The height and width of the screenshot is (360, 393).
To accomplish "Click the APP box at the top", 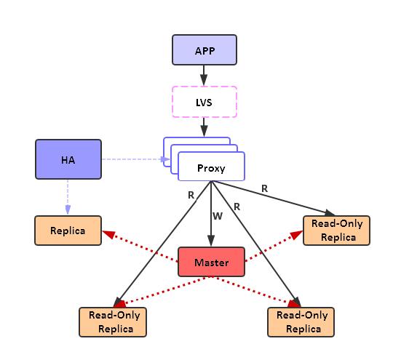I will coord(204,50).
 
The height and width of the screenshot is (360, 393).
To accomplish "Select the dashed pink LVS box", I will coord(204,101).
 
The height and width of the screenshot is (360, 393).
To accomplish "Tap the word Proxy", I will coord(211,168).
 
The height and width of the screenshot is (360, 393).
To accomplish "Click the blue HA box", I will coord(68,159).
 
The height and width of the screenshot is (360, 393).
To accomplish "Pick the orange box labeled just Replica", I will coord(68,231).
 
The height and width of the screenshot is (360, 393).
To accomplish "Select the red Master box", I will coord(211,262).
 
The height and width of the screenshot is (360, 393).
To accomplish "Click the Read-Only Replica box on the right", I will coord(337,231).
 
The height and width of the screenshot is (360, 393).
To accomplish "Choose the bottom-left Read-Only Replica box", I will coord(113,321).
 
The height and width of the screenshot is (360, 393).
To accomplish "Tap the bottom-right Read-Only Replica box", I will coord(302,321).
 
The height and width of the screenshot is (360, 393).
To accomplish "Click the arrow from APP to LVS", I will coord(204,76).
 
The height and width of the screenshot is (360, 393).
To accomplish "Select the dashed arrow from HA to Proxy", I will coord(131,159).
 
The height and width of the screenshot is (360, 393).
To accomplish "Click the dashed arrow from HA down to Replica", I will coord(68,196).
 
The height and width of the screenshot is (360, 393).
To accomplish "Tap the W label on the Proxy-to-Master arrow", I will coord(217,215).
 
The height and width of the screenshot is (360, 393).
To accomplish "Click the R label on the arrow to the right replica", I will coord(264,188).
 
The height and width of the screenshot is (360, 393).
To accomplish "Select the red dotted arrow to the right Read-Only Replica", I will coord(273,245).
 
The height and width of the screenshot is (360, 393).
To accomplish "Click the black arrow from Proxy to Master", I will coord(211,225).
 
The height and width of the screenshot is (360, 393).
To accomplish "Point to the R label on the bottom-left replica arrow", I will coord(191,196).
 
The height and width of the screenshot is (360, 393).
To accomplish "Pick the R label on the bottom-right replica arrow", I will coord(237,207).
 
